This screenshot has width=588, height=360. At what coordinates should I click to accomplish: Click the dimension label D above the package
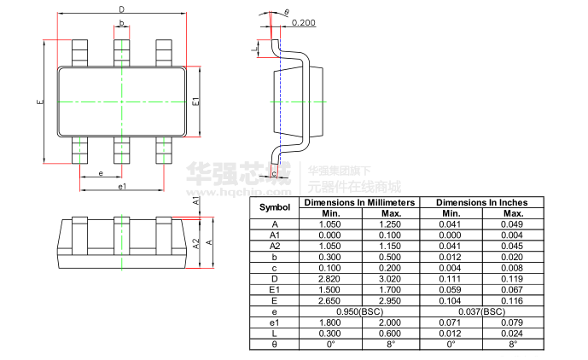[x=122, y=9]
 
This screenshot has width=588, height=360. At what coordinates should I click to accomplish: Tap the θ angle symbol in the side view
[x=287, y=12]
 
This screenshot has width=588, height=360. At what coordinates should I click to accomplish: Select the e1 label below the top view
[x=122, y=186]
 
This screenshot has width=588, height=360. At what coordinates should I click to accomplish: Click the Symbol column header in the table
[x=275, y=207]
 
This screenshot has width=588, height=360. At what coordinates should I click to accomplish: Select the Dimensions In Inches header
[x=481, y=202]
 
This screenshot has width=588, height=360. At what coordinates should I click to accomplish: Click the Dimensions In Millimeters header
[x=359, y=202]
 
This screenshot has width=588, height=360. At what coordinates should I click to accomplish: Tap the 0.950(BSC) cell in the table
[x=359, y=312]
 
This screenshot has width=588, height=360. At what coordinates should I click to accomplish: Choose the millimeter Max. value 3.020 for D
[x=391, y=279]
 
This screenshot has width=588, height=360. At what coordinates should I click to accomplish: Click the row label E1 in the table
[x=275, y=290]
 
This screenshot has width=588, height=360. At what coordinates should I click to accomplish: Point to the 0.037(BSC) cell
[x=481, y=312]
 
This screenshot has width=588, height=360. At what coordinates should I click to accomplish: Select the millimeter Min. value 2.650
[x=329, y=301]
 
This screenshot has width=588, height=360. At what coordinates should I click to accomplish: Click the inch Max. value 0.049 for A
[x=513, y=224]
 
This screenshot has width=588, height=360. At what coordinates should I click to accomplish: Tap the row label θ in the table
[x=275, y=345]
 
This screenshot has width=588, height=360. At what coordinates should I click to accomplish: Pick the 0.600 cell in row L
[x=391, y=334]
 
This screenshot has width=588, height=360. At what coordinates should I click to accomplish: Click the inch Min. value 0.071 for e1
[x=451, y=323]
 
